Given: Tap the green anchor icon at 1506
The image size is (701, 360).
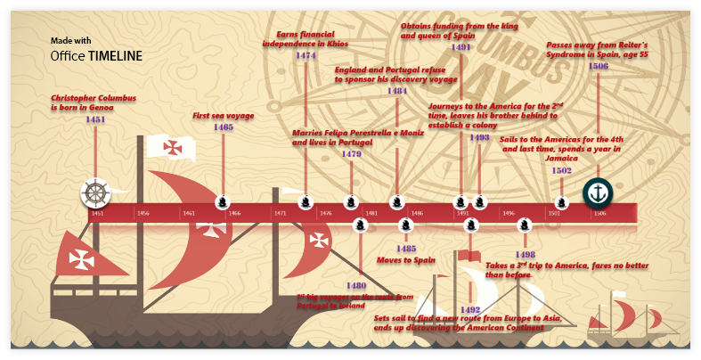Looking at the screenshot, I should pos(597,192).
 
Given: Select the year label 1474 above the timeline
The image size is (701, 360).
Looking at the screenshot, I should pos(306,55).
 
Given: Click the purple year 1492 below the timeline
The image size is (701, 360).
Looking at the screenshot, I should pos(470,309).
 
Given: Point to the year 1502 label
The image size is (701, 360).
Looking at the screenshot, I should pos(562,170).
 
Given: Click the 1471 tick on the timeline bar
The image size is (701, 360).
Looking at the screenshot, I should pos(281,214).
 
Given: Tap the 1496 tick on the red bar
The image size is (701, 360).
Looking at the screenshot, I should pos(509,214).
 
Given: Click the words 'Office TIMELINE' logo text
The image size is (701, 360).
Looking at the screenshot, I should pos(95,55).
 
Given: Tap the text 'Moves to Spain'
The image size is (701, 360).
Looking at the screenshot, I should pos(405,260).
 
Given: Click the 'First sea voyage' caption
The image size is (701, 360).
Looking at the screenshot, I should pos(224,116).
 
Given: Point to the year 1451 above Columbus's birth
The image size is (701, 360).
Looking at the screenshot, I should pos(95,119).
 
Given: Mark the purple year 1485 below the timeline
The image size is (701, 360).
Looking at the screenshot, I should pos(406,248).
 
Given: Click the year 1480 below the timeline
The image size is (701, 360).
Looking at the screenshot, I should pos(356,285).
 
